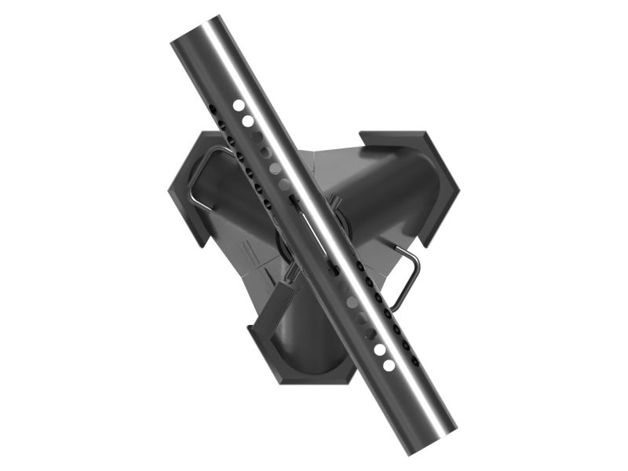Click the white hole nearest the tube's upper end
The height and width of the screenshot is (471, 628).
pos(238,104)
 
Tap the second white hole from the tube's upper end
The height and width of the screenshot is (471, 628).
pos(248,121)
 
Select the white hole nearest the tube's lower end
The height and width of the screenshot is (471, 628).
pos(389,365)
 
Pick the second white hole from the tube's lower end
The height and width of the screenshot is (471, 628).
pos(380,349)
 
